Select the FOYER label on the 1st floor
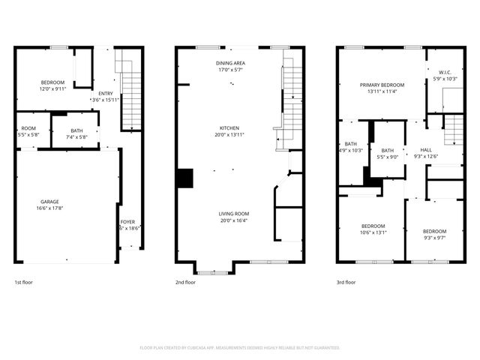(128, 222)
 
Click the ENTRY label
(106, 93)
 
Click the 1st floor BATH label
(77, 130)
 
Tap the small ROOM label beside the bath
(28, 128)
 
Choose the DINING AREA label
(232, 64)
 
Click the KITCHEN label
(229, 127)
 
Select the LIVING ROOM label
(234, 213)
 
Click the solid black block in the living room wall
(185, 178)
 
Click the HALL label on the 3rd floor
(425, 149)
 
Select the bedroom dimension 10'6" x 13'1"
(373, 232)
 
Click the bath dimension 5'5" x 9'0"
(388, 157)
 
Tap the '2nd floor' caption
(185, 283)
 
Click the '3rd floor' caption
(346, 283)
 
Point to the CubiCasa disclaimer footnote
(240, 347)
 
